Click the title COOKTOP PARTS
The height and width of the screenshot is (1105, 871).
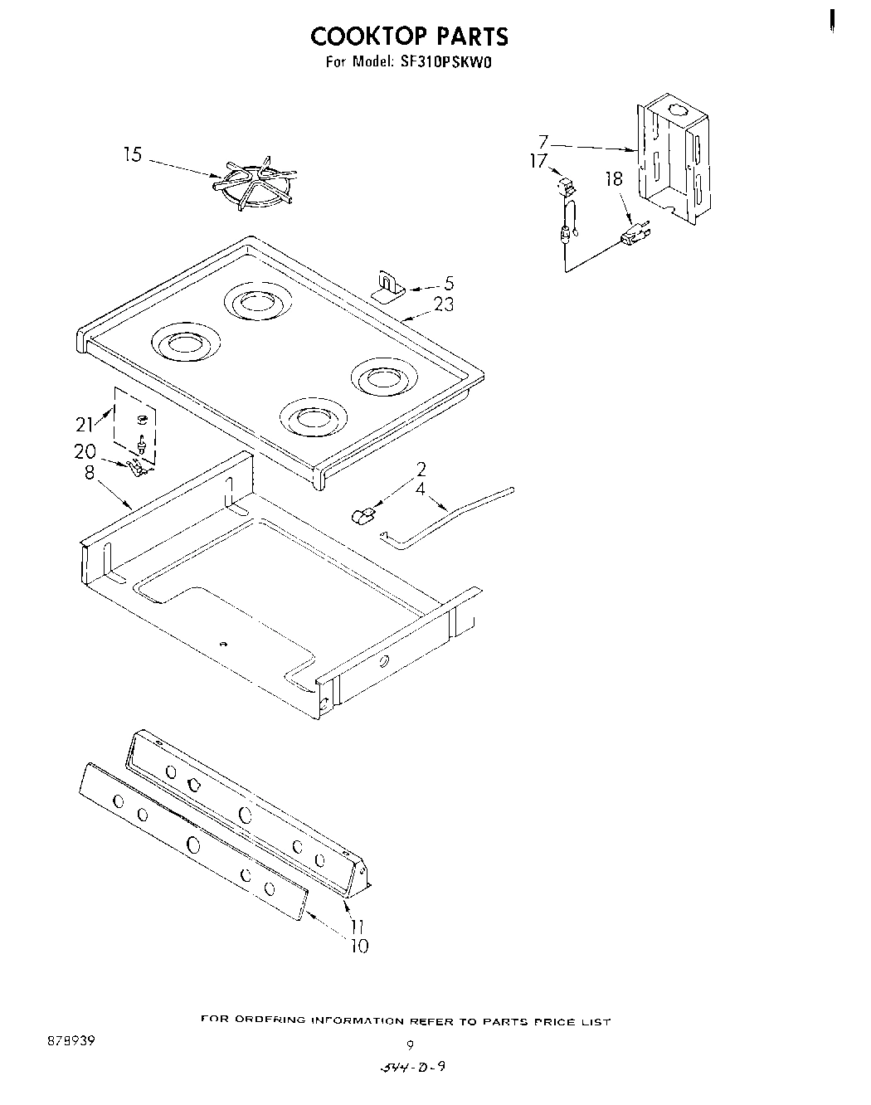coord(409,37)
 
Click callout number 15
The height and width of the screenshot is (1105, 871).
coord(133,155)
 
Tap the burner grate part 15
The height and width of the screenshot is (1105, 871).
coord(254,185)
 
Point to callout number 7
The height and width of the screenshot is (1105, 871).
coord(543,142)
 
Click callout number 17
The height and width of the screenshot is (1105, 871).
coord(539,160)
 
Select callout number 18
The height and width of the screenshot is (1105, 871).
coord(614,178)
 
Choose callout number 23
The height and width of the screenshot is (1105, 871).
coord(444,304)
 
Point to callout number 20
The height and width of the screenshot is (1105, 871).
coord(85,452)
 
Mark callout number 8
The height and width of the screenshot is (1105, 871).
coord(90,473)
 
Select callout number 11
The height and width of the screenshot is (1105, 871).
coord(357,927)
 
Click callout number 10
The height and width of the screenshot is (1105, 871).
coord(359,946)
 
